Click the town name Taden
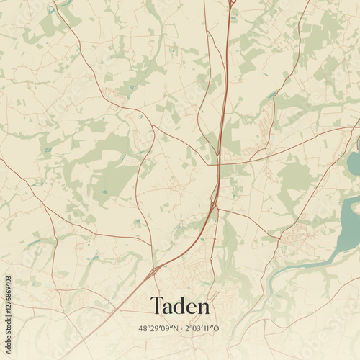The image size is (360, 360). (180, 307)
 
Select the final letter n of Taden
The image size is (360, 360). (204, 309)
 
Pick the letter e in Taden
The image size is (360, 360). (192, 309)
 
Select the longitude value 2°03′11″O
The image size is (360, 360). (204, 329)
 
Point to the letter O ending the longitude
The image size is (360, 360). (219, 329)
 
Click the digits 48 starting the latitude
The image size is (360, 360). (143, 329)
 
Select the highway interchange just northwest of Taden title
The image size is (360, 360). (154, 272)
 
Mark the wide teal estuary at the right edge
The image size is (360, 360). (350, 216)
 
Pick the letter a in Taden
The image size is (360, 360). (168, 309)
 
